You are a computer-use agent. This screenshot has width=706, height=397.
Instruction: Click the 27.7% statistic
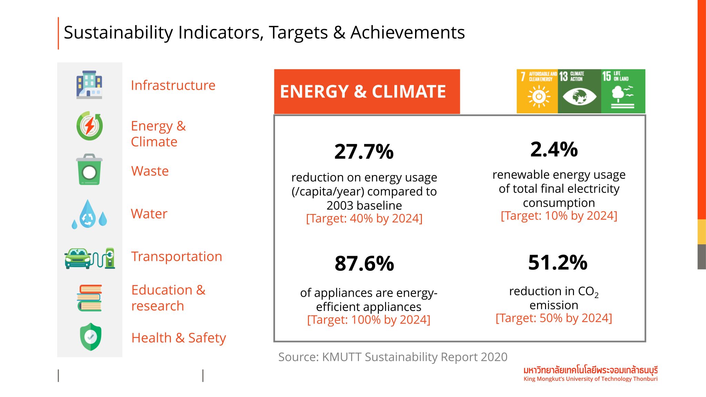(364, 152)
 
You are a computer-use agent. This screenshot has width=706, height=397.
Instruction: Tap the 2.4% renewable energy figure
(554, 150)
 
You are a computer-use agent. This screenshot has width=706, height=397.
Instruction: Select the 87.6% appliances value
(364, 264)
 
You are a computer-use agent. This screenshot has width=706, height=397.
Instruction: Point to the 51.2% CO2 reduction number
(557, 263)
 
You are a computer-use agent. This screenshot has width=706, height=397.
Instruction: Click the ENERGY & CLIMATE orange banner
(366, 92)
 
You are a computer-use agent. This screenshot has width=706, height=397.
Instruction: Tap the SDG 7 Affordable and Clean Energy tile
(537, 91)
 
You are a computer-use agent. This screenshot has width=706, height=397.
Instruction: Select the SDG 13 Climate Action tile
(579, 91)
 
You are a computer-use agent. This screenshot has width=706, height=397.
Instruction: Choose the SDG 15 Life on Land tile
(623, 91)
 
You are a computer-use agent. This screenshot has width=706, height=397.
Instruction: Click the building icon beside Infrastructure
(89, 85)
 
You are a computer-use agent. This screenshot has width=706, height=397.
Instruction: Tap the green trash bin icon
(89, 170)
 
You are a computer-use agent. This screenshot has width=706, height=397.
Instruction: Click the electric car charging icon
(90, 258)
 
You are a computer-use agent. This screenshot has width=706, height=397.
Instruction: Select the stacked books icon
(90, 298)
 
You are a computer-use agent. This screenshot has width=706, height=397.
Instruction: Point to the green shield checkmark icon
(90, 337)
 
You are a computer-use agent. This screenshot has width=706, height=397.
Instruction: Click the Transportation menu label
(176, 257)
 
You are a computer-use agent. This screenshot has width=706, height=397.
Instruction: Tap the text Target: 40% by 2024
(364, 218)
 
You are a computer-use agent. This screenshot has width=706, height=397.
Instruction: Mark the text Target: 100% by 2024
(369, 320)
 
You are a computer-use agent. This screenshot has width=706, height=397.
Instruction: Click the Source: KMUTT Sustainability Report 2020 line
(393, 357)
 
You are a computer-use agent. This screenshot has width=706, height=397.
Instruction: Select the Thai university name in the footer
(590, 370)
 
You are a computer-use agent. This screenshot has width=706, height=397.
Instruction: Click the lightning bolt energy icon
(90, 126)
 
